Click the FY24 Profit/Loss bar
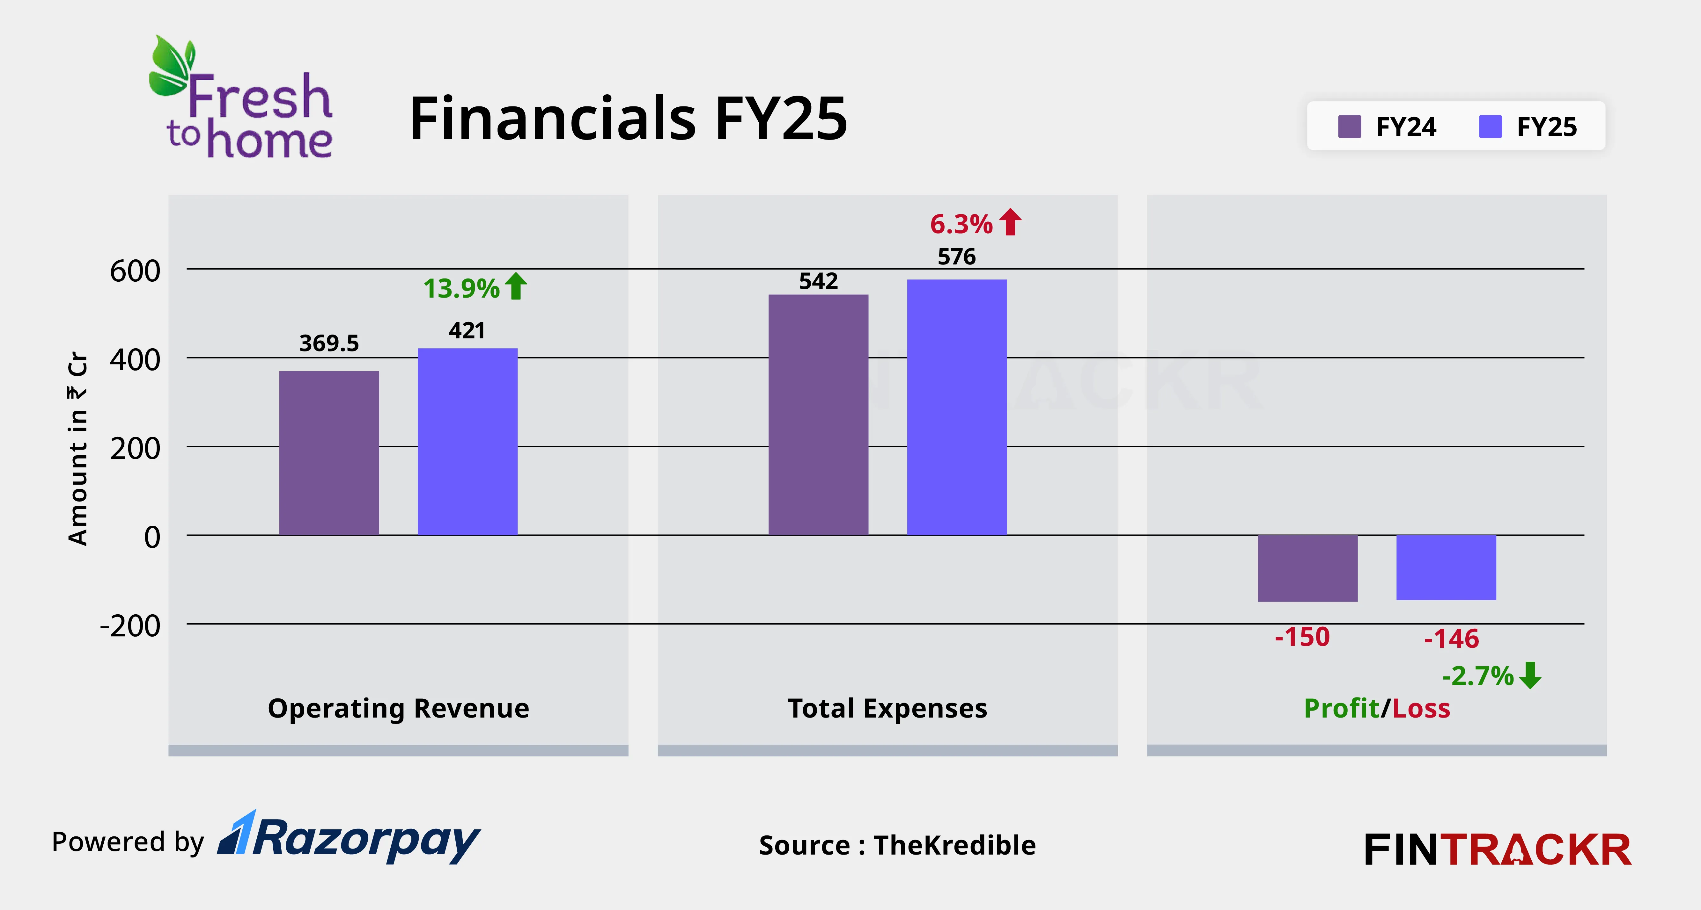[x=1307, y=568]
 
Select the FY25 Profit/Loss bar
[x=1446, y=567]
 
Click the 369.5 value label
[x=329, y=343]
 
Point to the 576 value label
[x=957, y=257]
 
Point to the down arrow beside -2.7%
[x=1530, y=675]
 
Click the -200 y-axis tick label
[x=130, y=625]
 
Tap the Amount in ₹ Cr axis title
[x=78, y=449]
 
